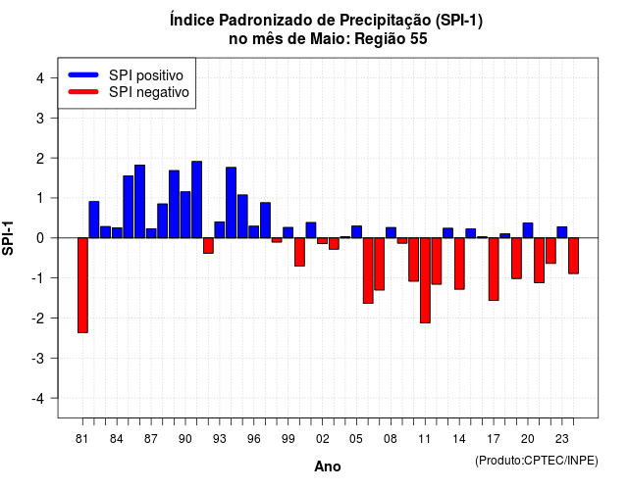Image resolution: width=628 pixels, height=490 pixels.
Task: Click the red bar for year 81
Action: coord(82,285)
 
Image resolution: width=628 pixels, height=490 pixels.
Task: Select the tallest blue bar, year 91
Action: coord(196,200)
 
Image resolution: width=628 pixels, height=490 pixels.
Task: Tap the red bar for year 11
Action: coord(425,280)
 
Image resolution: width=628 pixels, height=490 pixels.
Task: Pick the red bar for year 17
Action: coord(494,269)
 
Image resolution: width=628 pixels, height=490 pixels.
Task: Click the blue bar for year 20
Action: coord(528,230)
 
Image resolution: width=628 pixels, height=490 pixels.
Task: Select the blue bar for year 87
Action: coord(151,233)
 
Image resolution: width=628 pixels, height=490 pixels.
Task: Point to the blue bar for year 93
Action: coord(220,229)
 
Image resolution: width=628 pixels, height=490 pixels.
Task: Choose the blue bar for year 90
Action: coord(185,215)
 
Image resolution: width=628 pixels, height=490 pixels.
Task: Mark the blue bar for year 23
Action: coord(562,232)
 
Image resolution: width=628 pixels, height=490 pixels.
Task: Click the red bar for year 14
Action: coord(459,264)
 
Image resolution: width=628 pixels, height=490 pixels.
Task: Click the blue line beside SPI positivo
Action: coord(83,74)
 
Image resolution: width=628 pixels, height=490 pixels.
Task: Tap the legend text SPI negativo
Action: coord(149,92)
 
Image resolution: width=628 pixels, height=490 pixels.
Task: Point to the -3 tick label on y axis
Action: coord(39,359)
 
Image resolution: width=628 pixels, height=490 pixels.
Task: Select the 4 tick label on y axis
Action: coord(40,78)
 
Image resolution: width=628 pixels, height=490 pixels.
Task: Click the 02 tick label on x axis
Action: coord(323,439)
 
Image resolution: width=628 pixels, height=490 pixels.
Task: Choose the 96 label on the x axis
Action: coord(254,439)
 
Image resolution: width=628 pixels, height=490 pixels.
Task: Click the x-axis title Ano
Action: coord(328,466)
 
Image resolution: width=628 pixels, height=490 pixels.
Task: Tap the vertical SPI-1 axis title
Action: coord(8,238)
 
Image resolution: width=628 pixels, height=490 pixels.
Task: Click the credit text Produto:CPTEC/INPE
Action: coord(537,461)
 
